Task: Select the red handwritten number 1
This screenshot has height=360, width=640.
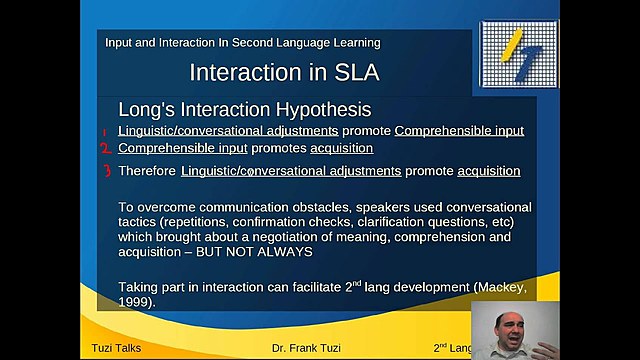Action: tap(103, 131)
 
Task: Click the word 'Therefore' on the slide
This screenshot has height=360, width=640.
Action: tap(147, 171)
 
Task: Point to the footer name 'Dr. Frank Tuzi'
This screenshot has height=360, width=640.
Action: tap(293, 348)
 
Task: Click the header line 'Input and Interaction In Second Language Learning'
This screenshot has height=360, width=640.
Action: tap(242, 43)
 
